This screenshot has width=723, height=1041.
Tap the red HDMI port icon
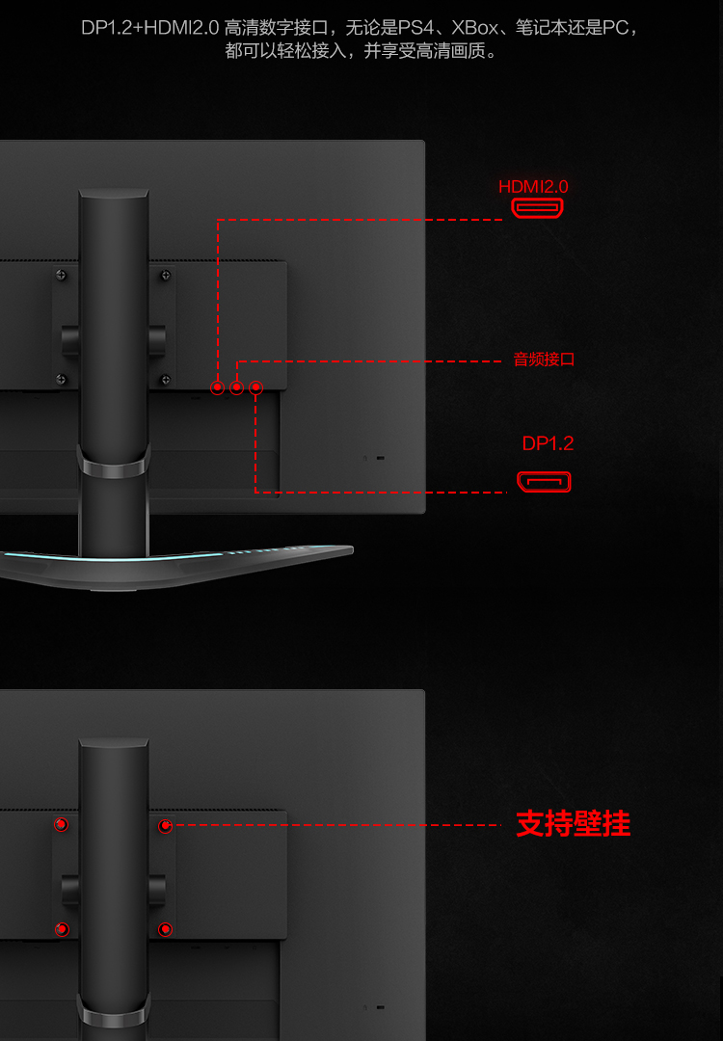tap(537, 208)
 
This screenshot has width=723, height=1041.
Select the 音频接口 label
tap(544, 360)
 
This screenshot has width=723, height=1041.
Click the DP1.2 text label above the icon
tap(548, 443)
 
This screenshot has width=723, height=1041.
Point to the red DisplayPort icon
tap(544, 481)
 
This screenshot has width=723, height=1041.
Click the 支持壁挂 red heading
tap(573, 824)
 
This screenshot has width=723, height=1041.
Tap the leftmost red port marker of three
tap(218, 387)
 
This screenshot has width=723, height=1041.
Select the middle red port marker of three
tap(237, 387)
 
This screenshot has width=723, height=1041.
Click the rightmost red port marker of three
tap(255, 387)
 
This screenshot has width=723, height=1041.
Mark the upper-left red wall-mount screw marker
tap(62, 824)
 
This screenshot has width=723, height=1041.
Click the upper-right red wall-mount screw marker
tap(166, 825)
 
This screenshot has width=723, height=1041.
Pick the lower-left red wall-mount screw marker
tap(62, 929)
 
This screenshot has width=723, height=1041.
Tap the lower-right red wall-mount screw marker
tap(166, 929)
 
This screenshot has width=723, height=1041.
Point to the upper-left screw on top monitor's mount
tap(62, 275)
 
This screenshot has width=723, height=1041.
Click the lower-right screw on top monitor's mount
tap(166, 379)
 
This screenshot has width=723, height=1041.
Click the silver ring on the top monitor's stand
tap(114, 468)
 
